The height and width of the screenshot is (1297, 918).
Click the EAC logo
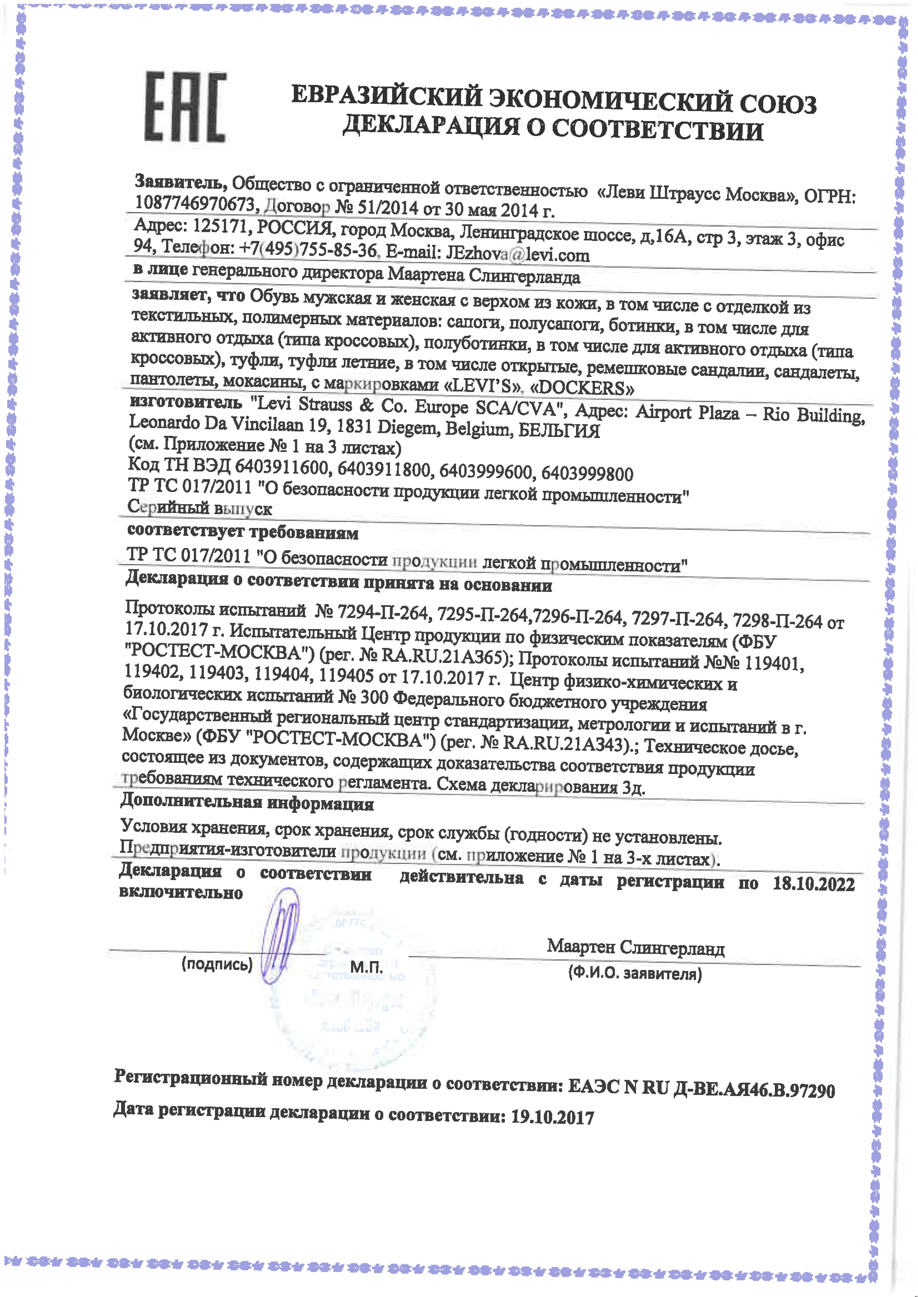pos(185,106)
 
